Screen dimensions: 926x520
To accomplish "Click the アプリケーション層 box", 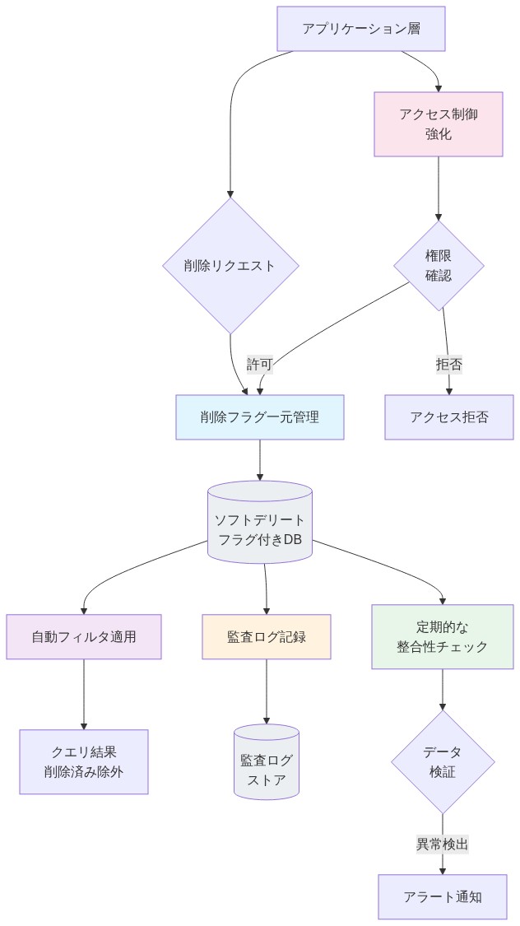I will click(362, 29).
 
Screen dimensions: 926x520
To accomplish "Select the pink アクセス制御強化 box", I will click(438, 123).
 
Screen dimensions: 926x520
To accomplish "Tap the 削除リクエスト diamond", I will click(230, 265).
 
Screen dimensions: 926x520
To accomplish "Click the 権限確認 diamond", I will click(438, 265).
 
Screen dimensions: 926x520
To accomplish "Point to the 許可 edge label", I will click(259, 364).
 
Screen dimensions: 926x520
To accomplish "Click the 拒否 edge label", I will click(448, 364).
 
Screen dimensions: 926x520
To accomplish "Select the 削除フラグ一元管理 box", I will click(259, 416).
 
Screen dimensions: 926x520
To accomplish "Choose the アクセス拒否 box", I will click(448, 416).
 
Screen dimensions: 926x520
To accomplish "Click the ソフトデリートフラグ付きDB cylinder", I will click(259, 530).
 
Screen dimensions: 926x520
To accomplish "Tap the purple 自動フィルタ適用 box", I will click(84, 636).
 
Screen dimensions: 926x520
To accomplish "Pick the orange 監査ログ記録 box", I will click(267, 636).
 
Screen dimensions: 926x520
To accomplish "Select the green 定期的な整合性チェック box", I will click(443, 636).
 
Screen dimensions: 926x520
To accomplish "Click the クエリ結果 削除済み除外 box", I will click(84, 761).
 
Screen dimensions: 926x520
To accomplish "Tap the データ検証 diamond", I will click(443, 761).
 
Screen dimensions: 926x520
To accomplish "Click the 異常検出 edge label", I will click(443, 844).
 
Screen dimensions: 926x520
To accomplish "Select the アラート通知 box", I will click(443, 896).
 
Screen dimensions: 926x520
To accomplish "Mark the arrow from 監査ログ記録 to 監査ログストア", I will click(267, 691).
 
